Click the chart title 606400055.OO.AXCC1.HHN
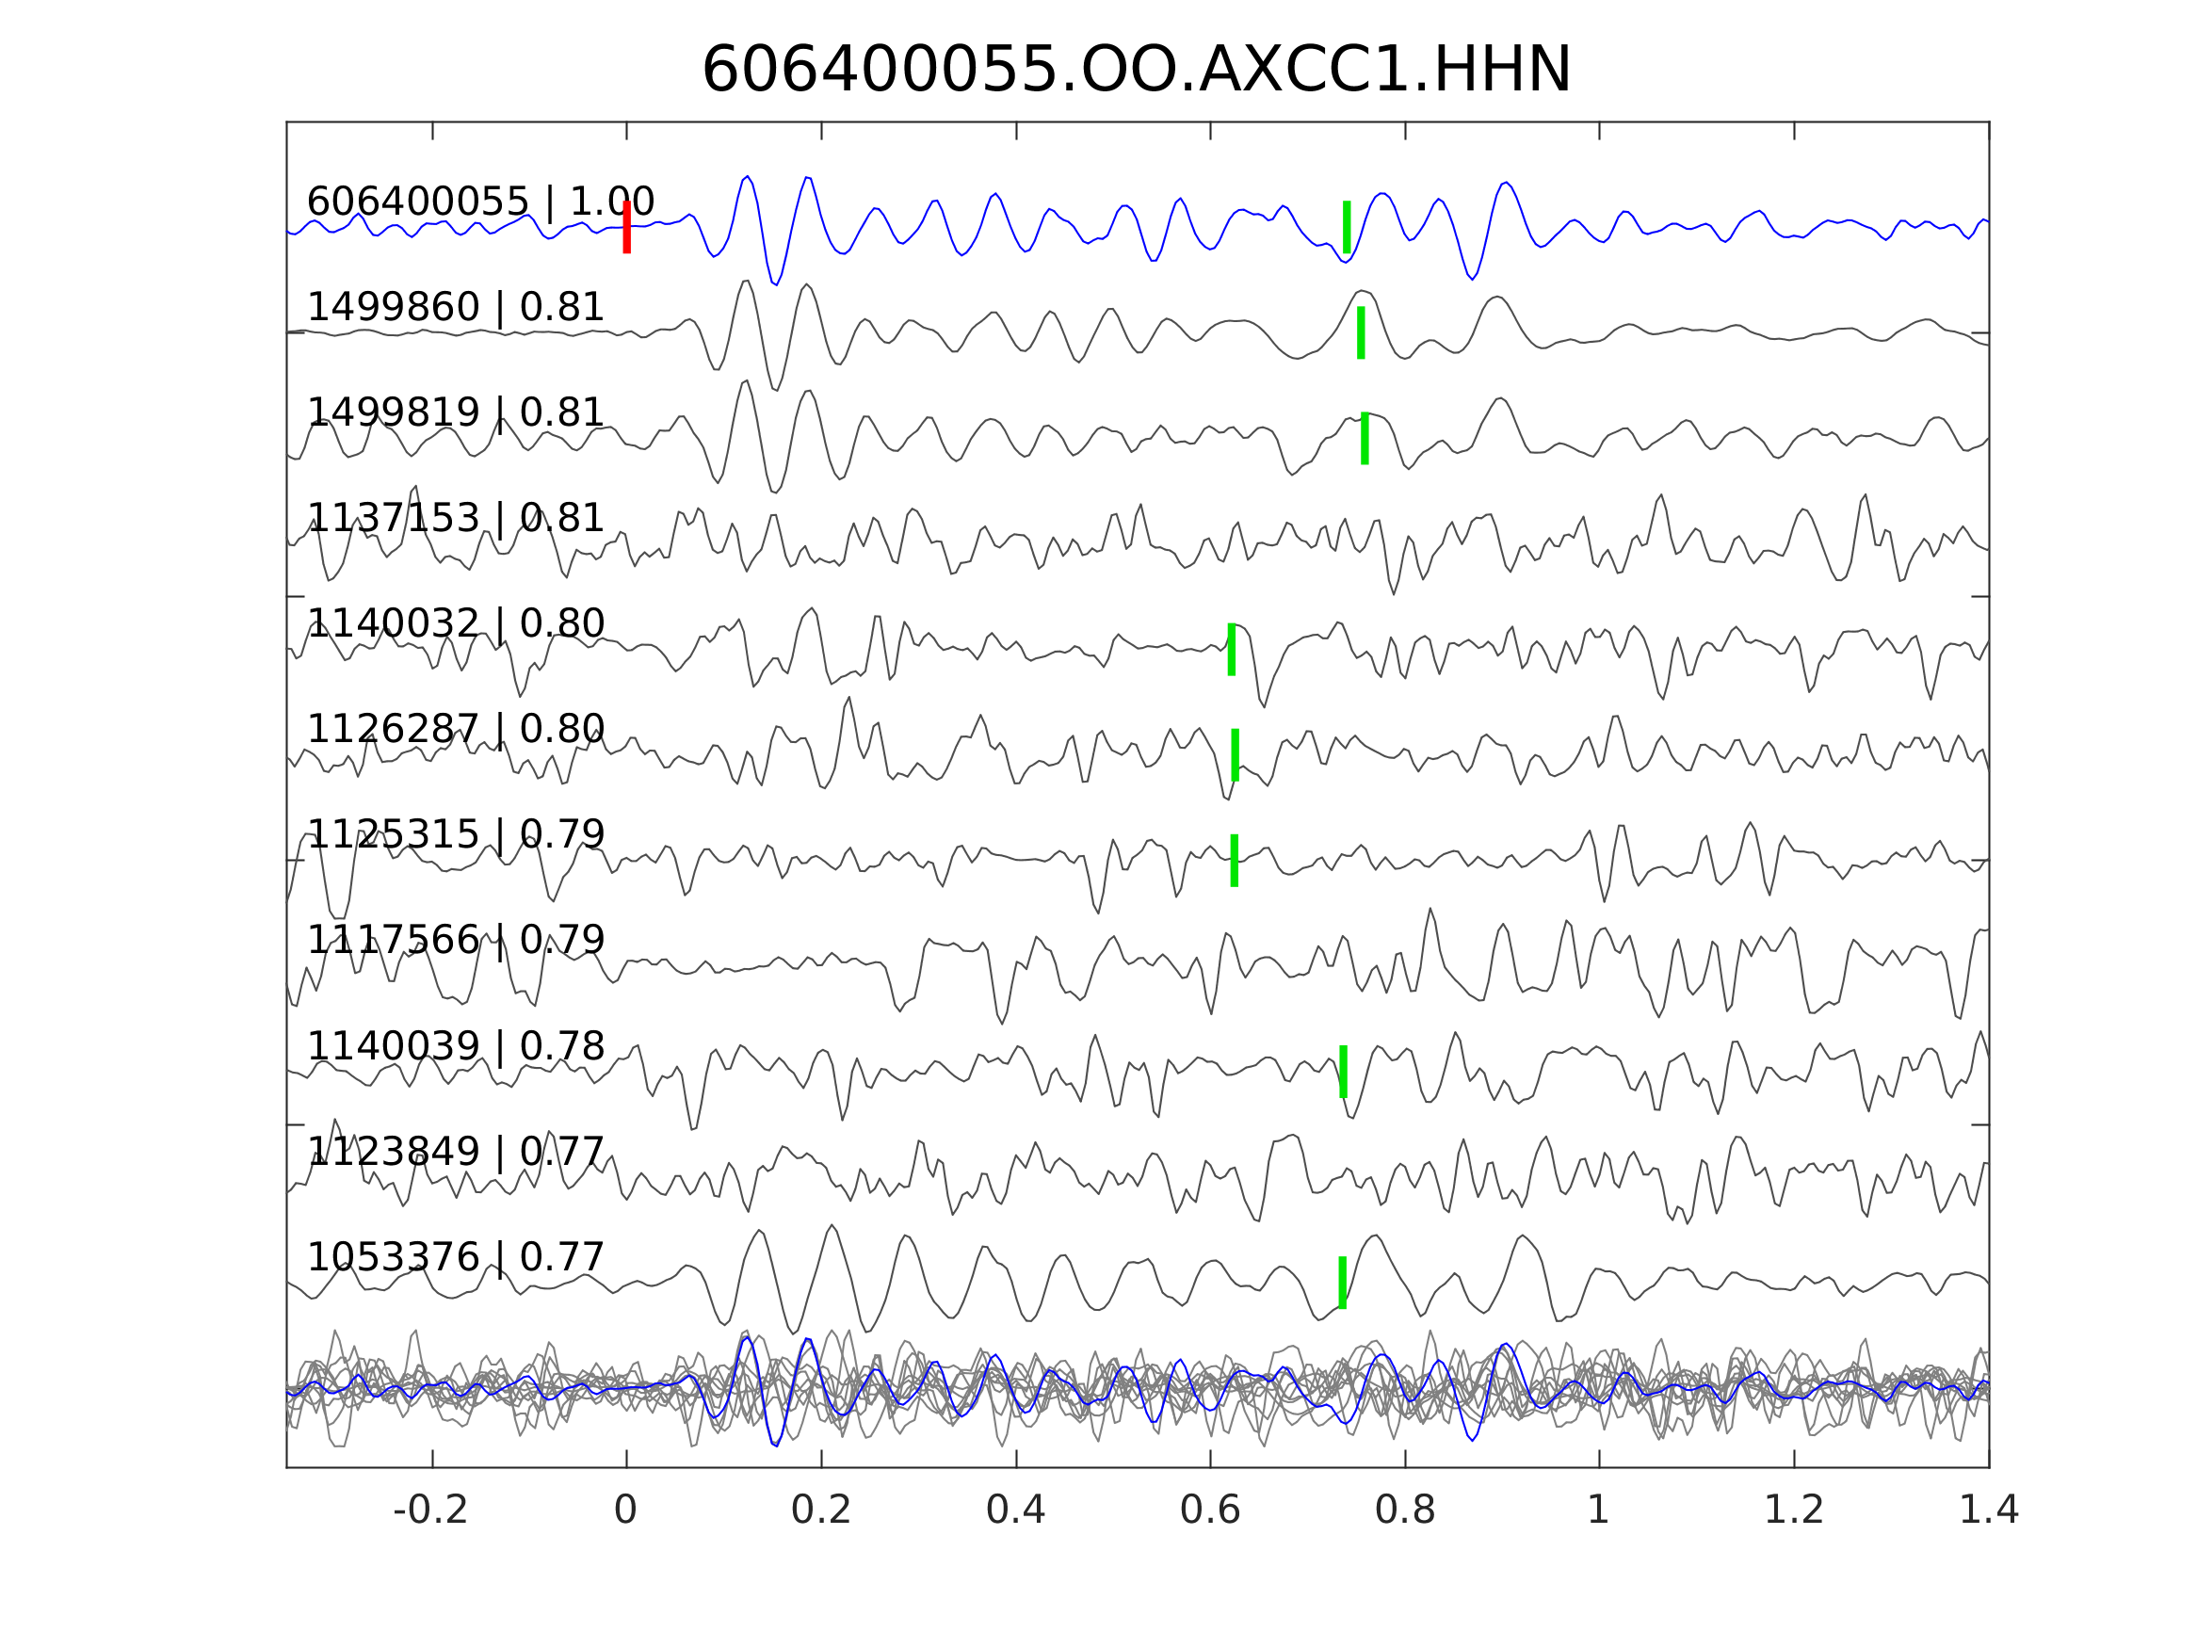(1137, 71)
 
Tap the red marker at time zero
(627, 228)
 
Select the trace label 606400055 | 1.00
(480, 202)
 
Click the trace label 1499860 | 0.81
(456, 308)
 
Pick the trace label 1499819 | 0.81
(456, 412)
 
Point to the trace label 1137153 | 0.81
(456, 519)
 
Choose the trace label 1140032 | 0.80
(456, 623)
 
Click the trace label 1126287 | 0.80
(456, 729)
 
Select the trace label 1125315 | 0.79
(456, 834)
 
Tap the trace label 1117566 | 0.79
(456, 940)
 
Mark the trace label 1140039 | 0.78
(456, 1046)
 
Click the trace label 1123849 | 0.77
(456, 1152)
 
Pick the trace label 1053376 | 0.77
(456, 1256)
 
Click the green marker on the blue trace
(1347, 228)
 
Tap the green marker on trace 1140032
(1232, 650)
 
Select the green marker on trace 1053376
(1343, 1283)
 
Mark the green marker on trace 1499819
(1365, 438)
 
